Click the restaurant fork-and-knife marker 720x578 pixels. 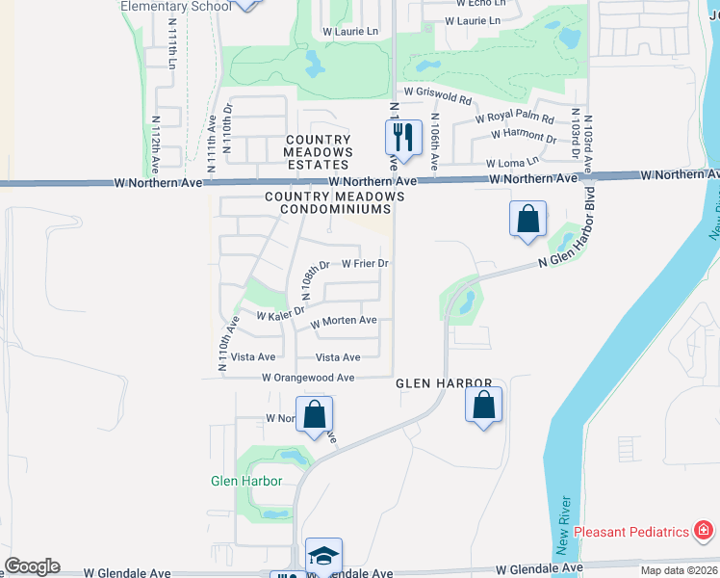pos(403,137)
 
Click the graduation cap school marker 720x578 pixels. pos(323,555)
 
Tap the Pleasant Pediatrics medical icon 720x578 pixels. pos(704,531)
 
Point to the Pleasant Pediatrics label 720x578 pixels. pos(630,532)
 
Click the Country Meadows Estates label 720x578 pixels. pos(318,152)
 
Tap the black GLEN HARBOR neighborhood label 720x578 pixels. pos(445,383)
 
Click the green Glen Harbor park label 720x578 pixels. pos(246,481)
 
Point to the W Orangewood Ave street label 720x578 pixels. pos(308,379)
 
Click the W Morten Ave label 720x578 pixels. pos(343,321)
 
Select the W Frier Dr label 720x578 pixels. pos(365,263)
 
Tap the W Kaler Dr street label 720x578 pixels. pos(280,313)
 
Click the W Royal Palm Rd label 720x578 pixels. pos(515,119)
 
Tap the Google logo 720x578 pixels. pos(32,566)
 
